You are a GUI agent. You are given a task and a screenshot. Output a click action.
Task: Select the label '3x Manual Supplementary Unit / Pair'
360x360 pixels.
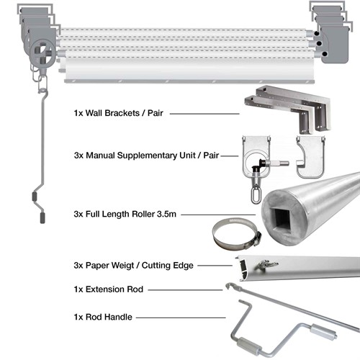tap(146, 155)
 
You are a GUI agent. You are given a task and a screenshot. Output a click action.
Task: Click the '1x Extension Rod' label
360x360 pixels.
tap(108, 289)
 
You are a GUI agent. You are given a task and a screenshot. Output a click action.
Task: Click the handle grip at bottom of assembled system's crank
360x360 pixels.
tap(37, 199)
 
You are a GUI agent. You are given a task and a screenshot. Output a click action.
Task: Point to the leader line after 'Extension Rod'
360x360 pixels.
tap(186, 289)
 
